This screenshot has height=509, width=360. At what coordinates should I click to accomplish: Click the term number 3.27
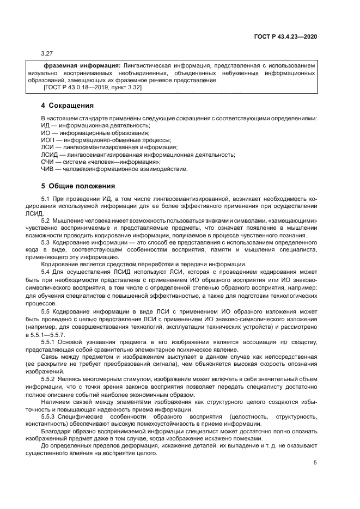tap(47, 53)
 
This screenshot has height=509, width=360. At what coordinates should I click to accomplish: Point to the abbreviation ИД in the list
tap(45, 125)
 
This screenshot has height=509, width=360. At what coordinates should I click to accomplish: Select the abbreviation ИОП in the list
tap(48, 140)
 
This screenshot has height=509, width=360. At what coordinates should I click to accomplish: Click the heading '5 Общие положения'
tap(78, 186)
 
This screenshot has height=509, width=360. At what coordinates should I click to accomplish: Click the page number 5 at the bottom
tap(315, 463)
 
